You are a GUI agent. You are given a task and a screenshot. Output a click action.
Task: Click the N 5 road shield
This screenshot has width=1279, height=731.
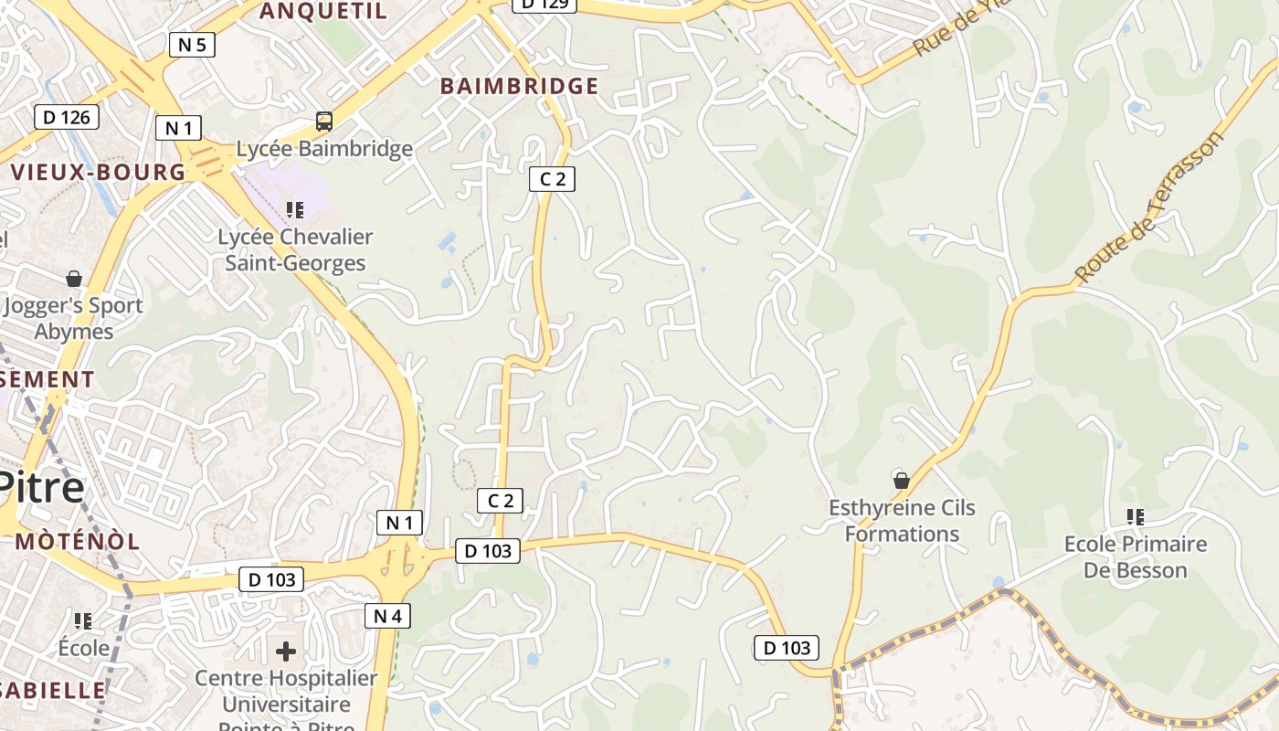click(192, 44)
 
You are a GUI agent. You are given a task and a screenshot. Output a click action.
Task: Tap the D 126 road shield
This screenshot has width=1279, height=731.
click(67, 117)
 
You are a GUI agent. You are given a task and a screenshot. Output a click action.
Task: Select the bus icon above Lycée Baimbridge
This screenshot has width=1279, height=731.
click(323, 122)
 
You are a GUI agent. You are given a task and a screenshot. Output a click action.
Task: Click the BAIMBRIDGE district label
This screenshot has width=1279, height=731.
click(519, 87)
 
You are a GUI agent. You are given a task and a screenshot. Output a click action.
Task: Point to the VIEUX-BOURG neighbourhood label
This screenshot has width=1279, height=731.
click(98, 172)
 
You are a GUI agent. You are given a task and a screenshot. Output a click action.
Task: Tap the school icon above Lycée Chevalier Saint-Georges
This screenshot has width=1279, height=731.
click(294, 210)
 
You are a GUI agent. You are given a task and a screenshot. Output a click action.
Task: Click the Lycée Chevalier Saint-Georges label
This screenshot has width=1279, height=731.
click(295, 250)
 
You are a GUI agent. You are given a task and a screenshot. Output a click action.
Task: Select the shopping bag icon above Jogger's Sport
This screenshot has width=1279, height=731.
click(74, 279)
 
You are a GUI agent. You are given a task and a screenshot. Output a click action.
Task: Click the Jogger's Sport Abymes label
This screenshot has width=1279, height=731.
click(74, 318)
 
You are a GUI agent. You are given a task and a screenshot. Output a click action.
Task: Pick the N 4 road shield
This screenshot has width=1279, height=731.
click(387, 616)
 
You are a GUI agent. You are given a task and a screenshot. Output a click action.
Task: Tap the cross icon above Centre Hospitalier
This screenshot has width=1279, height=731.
click(286, 652)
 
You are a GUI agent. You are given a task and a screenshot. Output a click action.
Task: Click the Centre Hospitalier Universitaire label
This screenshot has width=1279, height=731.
click(286, 692)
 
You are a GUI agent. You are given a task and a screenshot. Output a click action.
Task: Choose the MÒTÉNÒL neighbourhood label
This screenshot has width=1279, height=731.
click(78, 541)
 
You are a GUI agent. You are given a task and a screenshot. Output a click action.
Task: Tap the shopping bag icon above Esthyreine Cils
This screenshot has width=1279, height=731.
click(902, 480)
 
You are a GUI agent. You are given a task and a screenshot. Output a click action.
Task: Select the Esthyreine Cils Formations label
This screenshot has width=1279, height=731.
click(902, 521)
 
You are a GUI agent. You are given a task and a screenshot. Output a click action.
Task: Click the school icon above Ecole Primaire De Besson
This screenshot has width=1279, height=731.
click(1136, 517)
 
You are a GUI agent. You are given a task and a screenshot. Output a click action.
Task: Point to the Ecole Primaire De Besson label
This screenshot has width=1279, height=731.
click(1136, 557)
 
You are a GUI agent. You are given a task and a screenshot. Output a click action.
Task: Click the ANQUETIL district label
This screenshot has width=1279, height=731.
click(323, 11)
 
